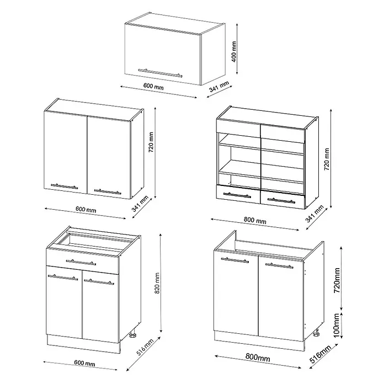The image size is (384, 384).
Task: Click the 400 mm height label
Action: pyautogui.click(x=234, y=52)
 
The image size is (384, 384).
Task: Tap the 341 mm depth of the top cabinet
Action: pyautogui.click(x=219, y=86)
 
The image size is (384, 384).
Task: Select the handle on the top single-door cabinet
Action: pyautogui.click(x=160, y=73)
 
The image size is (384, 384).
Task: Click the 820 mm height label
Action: pyautogui.click(x=157, y=283)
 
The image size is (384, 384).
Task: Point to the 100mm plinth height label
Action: pyautogui.click(x=337, y=325)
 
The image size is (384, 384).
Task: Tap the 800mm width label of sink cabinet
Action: pyautogui.click(x=258, y=358)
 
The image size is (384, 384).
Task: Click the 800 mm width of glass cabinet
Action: pyautogui.click(x=255, y=220)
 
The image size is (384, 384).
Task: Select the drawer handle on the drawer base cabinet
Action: pyautogui.click(x=81, y=263)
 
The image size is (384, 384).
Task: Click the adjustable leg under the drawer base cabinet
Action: pyautogui.click(x=133, y=335)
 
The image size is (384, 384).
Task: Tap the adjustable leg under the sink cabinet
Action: pyautogui.click(x=316, y=334)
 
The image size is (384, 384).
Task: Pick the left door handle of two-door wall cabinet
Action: pyautogui.click(x=65, y=186)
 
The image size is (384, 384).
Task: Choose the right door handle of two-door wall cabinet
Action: pyautogui.click(x=108, y=191)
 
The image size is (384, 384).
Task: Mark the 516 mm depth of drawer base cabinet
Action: pyautogui.click(x=145, y=347)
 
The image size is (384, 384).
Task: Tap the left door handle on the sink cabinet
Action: pyautogui.click(x=235, y=260)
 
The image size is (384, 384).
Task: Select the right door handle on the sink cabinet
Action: pyautogui.click(x=279, y=265)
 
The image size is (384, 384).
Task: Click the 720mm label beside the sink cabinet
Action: pyautogui.click(x=337, y=280)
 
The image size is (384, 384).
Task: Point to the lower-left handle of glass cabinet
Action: pyautogui.click(x=237, y=195)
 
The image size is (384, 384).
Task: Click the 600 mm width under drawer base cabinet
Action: pyautogui.click(x=85, y=364)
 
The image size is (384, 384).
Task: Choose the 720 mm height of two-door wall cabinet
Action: pyautogui.click(x=151, y=142)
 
